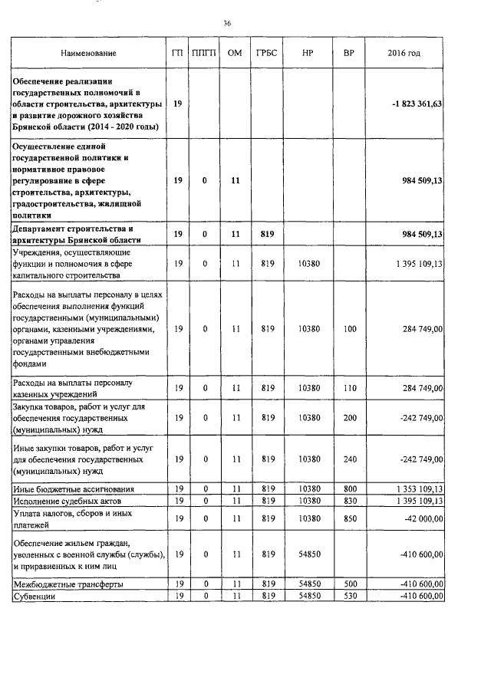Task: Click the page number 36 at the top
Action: point(227,24)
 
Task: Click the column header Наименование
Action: point(91,54)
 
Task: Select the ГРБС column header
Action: point(268,54)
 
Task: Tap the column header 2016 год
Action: point(404,54)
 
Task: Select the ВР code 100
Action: point(350,329)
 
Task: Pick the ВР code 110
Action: point(350,388)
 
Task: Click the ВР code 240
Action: point(350,459)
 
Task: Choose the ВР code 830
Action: point(350,501)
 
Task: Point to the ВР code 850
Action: point(350,518)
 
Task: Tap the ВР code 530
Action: point(350,596)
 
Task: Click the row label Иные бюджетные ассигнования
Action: point(69,488)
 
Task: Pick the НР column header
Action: point(308,54)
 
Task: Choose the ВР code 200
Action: point(350,418)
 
